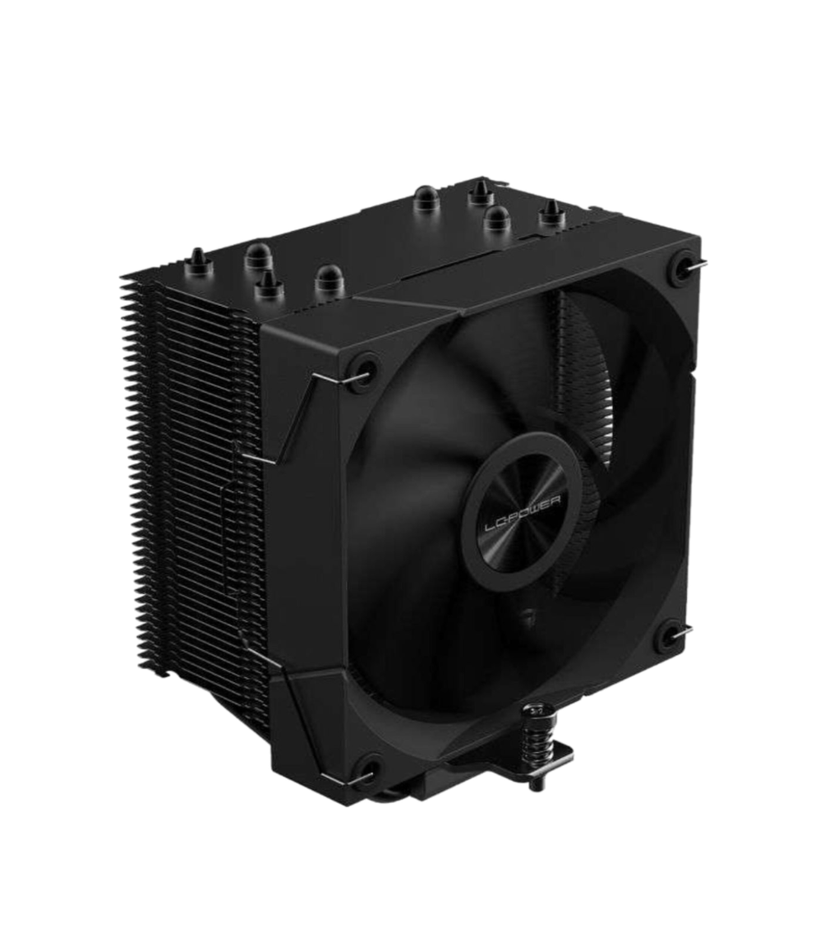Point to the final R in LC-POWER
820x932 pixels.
coord(560,490)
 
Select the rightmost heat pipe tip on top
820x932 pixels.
coord(548,216)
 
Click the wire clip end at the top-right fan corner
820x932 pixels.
coord(696,264)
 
